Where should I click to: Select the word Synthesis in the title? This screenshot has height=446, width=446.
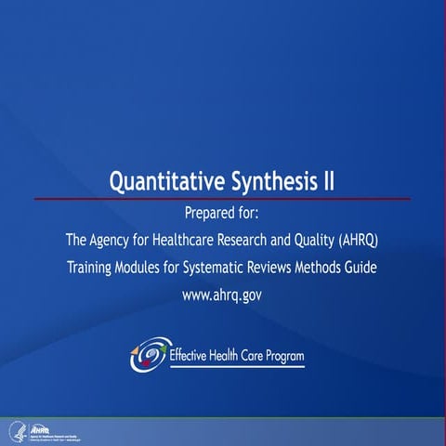pyautogui.click(x=269, y=179)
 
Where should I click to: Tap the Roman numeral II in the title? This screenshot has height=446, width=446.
pyautogui.click(x=328, y=179)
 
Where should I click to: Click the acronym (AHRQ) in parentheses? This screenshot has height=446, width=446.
pyautogui.click(x=361, y=240)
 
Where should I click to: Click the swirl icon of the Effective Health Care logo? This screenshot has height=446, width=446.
pyautogui.click(x=150, y=356)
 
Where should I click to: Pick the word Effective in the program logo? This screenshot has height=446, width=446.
pyautogui.click(x=191, y=355)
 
